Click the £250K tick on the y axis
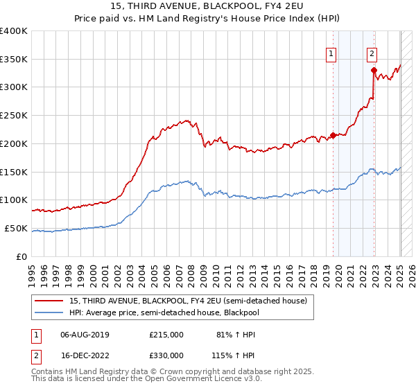point(14,115)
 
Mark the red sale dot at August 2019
point(333,135)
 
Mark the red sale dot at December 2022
point(374,70)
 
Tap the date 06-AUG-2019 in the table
point(85,335)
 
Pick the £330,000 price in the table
point(166,355)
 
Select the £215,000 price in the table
point(166,335)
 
